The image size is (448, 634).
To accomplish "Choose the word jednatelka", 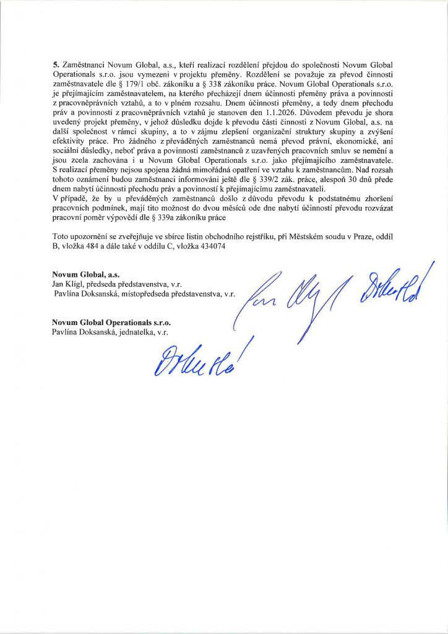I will [140, 332].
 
